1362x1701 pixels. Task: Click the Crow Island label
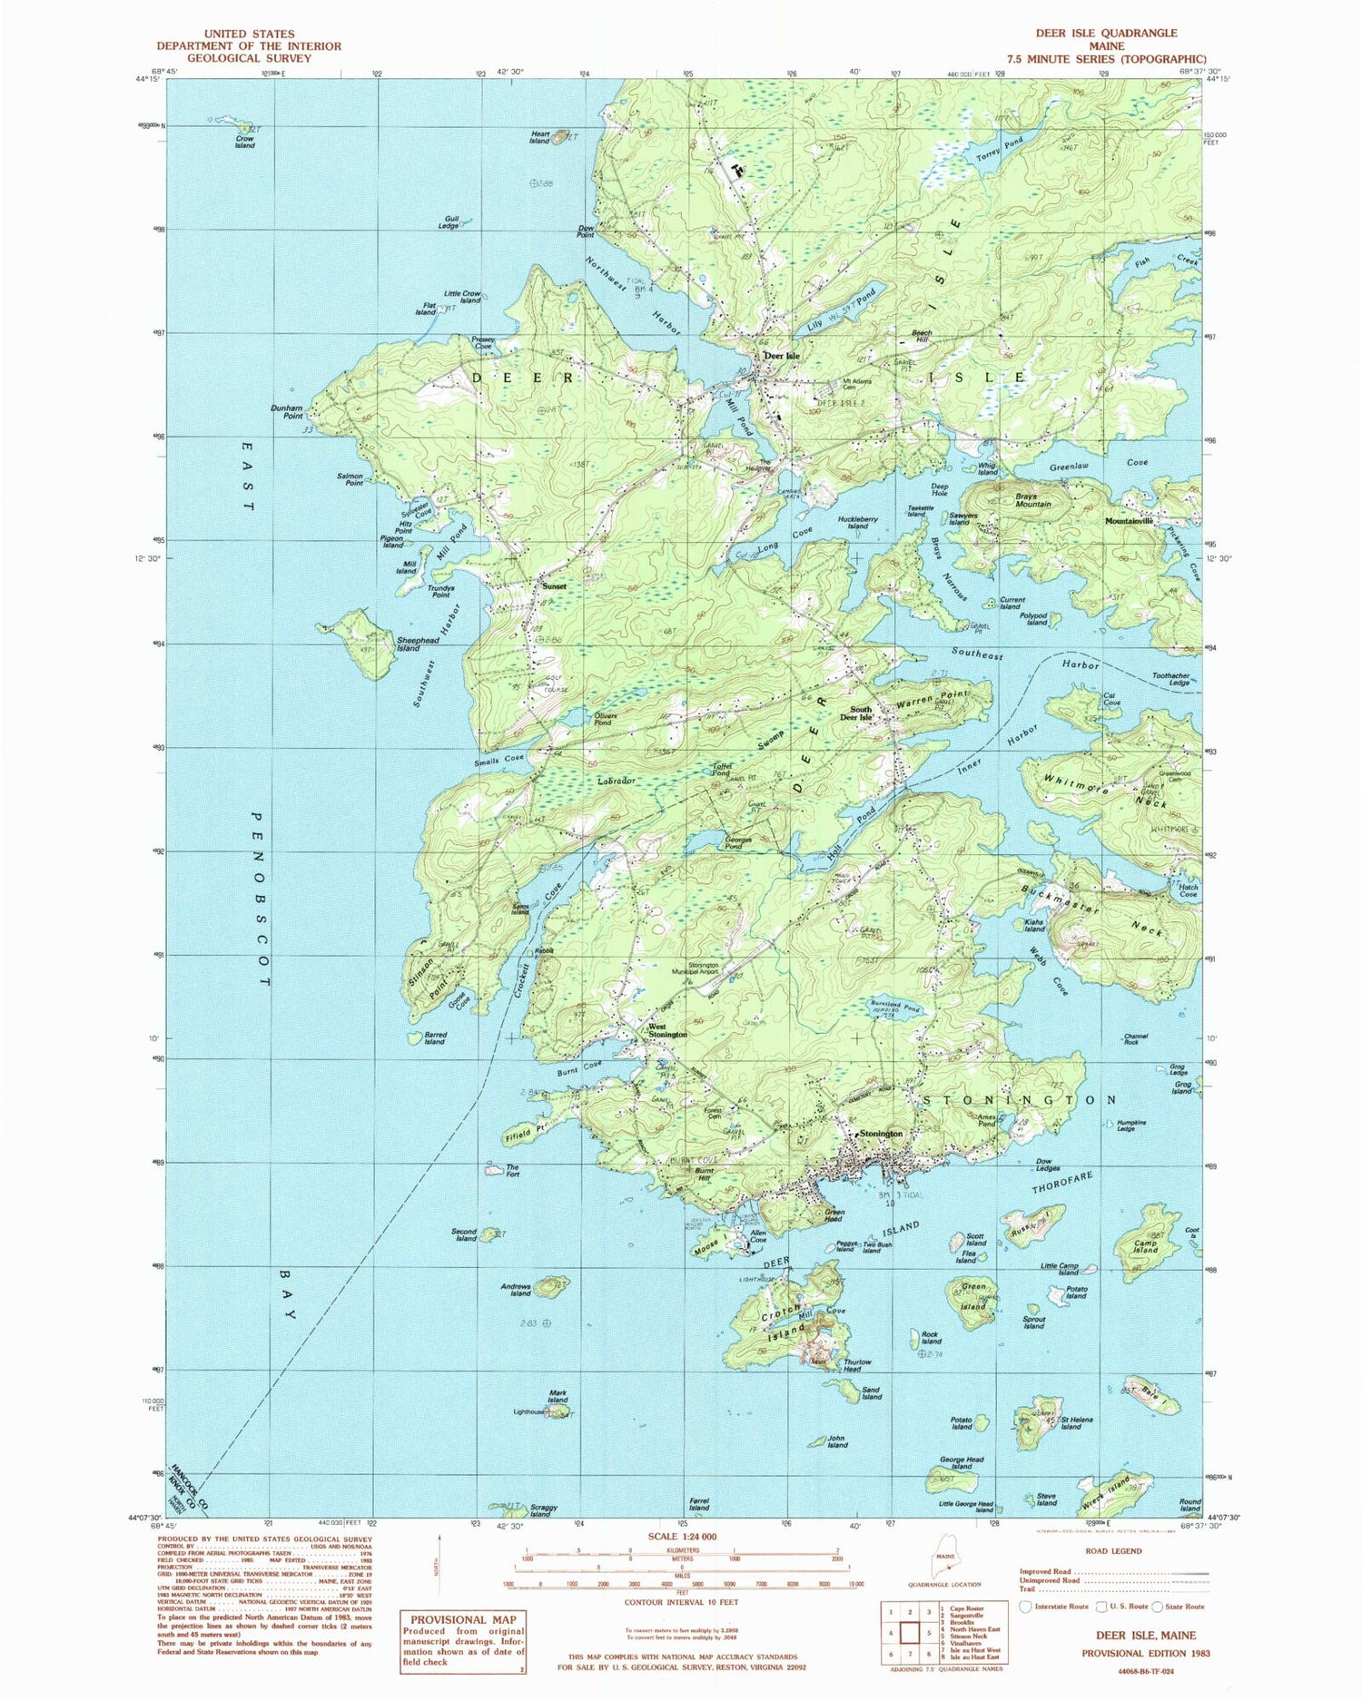point(244,142)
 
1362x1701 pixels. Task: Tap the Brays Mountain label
point(1032,500)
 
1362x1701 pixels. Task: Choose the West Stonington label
point(667,1031)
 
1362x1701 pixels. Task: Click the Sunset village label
point(554,586)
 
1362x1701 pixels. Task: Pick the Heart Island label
point(540,137)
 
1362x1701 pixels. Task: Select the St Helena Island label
point(1076,1422)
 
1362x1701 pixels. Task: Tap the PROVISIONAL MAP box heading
point(463,1619)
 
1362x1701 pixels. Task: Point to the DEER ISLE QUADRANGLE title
point(1106,33)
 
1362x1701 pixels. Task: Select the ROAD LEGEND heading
point(1113,1550)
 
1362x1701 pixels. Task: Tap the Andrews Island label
point(516,1289)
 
